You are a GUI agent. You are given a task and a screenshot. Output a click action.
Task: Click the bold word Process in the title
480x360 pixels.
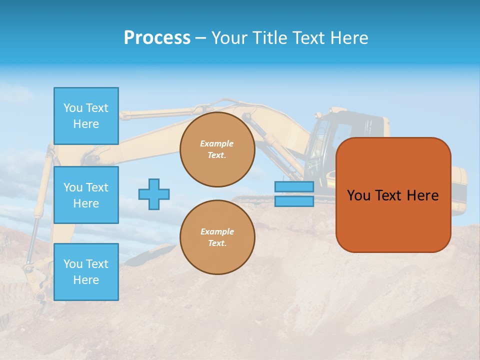click(157, 38)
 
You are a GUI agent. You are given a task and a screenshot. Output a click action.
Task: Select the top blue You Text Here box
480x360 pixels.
click(86, 116)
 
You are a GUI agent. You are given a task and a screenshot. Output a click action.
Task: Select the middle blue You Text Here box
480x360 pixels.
click(86, 195)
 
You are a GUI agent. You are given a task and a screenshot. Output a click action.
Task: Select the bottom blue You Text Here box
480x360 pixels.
click(86, 272)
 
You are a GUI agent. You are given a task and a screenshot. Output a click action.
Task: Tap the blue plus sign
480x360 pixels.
click(154, 194)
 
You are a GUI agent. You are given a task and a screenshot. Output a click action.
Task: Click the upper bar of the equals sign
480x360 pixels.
click(294, 186)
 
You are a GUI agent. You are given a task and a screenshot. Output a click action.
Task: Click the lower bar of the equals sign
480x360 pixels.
click(294, 201)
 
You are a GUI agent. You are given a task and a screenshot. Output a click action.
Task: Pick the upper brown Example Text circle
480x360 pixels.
click(217, 149)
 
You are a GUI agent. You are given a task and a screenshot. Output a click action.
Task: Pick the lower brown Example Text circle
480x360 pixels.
click(217, 237)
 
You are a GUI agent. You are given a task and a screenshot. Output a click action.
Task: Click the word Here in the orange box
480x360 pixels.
click(422, 195)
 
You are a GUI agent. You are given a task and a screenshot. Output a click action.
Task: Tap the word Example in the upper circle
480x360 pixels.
click(217, 143)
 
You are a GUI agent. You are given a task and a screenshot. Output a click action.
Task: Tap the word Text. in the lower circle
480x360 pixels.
click(217, 243)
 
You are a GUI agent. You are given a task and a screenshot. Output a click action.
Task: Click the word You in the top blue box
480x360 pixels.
click(73, 108)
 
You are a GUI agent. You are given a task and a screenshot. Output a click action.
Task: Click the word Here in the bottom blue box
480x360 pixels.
click(86, 280)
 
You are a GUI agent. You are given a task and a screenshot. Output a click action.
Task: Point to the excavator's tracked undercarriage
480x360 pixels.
click(260, 199)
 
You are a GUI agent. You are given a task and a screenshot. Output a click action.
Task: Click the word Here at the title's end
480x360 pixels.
click(350, 38)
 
